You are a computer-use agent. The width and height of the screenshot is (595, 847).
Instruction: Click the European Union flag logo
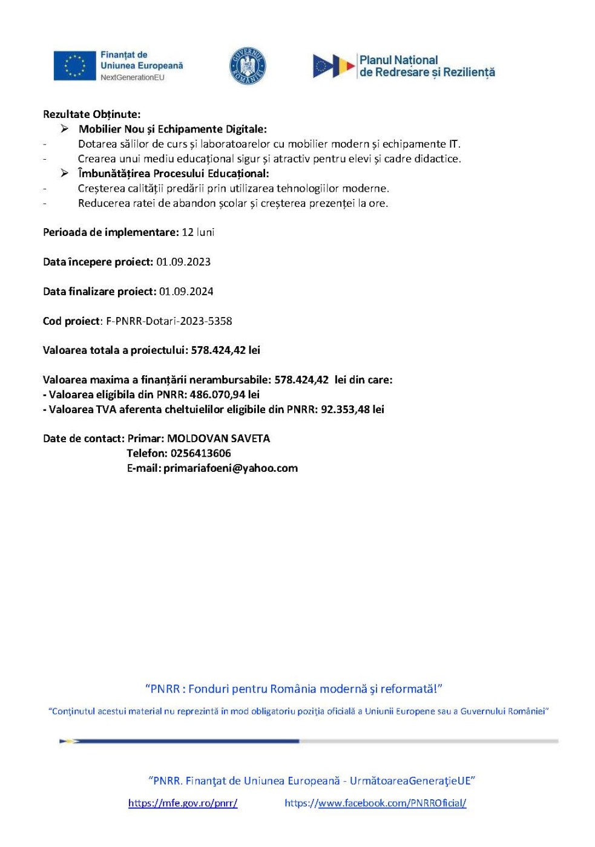[74, 66]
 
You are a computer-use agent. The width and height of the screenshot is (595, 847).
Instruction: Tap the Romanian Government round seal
[248, 66]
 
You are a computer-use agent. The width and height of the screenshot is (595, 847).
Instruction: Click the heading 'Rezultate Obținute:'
[91, 114]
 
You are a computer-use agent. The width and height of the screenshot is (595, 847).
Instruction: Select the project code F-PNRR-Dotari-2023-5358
[169, 321]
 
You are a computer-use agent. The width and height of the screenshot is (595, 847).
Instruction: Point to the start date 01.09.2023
[183, 262]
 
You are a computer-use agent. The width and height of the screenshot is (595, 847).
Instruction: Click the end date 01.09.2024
[186, 292]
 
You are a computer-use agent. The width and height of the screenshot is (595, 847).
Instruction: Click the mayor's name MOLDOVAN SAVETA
[219, 439]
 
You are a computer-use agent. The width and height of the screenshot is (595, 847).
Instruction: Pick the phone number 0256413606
[200, 453]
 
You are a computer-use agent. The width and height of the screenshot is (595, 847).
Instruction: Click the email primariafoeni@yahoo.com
[231, 468]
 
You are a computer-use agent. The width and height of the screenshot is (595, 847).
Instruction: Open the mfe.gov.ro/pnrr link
[183, 803]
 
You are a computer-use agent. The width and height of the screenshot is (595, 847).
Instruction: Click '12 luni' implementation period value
[198, 232]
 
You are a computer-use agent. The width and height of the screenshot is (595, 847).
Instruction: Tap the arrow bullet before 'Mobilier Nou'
[65, 129]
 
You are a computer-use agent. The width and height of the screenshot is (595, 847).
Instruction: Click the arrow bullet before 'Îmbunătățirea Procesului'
[65, 174]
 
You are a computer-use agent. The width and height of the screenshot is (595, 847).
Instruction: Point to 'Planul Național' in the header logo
[398, 60]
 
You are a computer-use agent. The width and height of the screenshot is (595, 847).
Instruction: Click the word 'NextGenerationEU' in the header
[133, 77]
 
